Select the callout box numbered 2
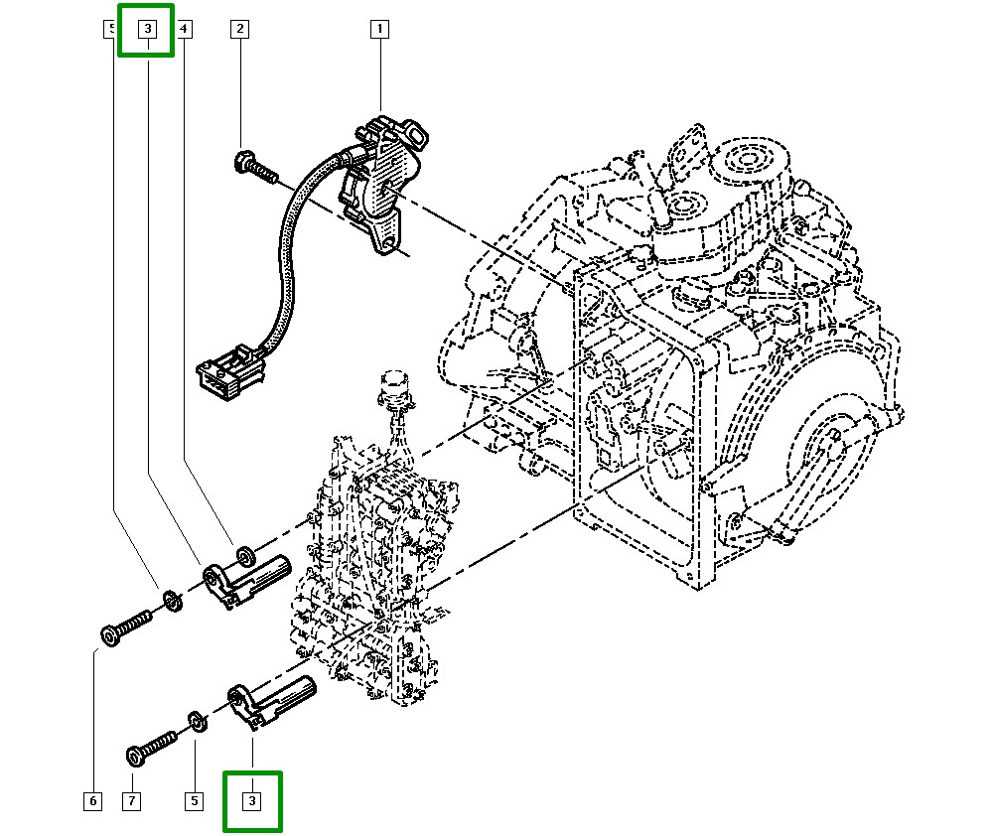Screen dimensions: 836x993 [x=239, y=30]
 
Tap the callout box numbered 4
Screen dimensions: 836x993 [x=185, y=30]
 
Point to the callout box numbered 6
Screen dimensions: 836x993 [x=92, y=800]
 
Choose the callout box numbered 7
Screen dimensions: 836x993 [x=132, y=800]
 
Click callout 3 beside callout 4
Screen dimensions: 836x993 [x=146, y=30]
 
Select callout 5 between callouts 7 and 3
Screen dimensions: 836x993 [x=194, y=800]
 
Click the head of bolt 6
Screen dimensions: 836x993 [x=110, y=632]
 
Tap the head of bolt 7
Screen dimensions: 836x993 [x=136, y=756]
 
